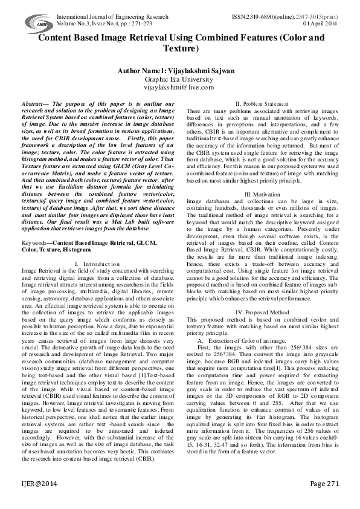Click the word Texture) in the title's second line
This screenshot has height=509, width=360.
point(179,48)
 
